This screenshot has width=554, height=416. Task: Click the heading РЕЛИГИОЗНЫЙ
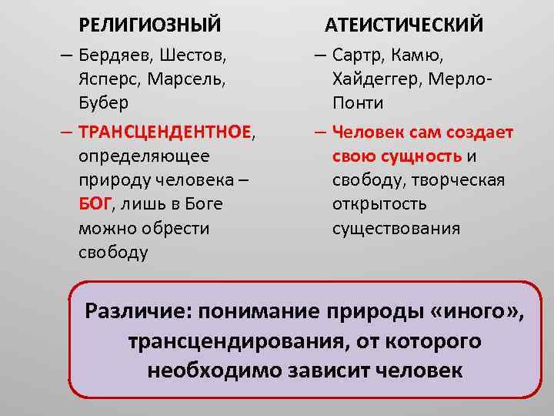click(x=149, y=25)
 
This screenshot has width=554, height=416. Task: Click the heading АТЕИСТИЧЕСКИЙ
click(x=404, y=25)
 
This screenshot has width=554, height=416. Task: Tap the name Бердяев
click(x=114, y=55)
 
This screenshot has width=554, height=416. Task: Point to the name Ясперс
click(x=108, y=79)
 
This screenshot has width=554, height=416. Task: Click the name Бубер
click(x=103, y=102)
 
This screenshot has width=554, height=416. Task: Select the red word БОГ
click(x=95, y=204)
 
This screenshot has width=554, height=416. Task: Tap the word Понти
click(x=358, y=102)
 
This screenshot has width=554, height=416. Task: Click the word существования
click(x=395, y=228)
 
